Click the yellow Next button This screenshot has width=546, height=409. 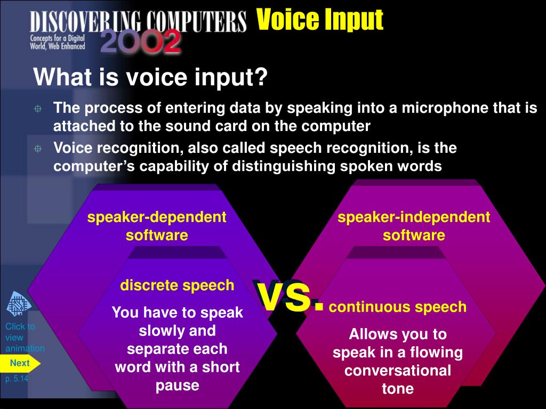coord(20,363)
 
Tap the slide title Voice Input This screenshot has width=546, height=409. coord(319,20)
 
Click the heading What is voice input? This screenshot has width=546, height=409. coord(150,78)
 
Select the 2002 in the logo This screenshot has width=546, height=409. coord(140,42)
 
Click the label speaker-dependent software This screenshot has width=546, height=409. coord(157,226)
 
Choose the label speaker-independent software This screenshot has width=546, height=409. coord(414,226)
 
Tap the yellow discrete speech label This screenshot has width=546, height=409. coord(177,285)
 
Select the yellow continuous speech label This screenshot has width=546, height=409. coord(398,307)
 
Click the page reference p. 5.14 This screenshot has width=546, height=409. coord(17,379)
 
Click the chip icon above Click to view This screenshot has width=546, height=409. coord(19,305)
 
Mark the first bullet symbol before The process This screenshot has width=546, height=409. coord(38,109)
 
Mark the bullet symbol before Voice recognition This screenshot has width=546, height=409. coord(38,149)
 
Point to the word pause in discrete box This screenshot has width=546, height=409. coord(177,385)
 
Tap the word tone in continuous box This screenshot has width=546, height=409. coord(398,389)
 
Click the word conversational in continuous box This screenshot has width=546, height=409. coord(398,371)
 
